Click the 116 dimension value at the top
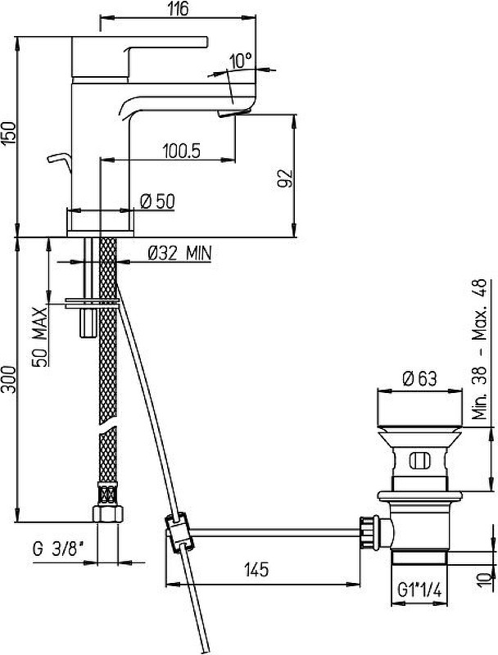click(179, 8)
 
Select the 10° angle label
click(241, 61)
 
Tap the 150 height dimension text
click(8, 133)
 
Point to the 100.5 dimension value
click(182, 151)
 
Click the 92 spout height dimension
click(286, 178)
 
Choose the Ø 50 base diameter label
click(157, 201)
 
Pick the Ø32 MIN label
click(180, 253)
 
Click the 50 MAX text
click(40, 337)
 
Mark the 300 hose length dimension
click(8, 379)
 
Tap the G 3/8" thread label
click(56, 549)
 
